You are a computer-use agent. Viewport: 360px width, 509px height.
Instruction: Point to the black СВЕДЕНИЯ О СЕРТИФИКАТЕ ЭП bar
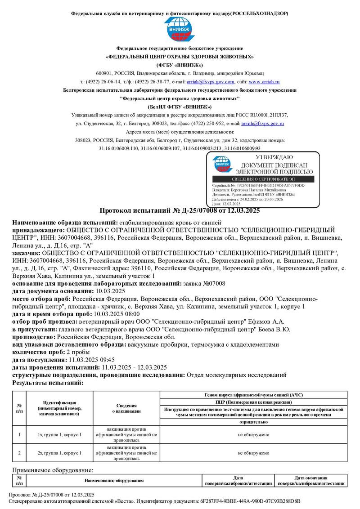coord(263,179)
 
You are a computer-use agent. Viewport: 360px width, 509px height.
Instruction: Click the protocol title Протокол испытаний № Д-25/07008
coord(179,210)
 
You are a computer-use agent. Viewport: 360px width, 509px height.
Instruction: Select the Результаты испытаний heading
coord(48,383)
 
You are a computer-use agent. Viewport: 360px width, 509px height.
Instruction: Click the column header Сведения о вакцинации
coord(126,408)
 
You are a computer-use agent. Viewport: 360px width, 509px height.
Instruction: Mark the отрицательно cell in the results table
coord(253,422)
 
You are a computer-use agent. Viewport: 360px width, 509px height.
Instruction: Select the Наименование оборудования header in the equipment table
coord(117,481)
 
